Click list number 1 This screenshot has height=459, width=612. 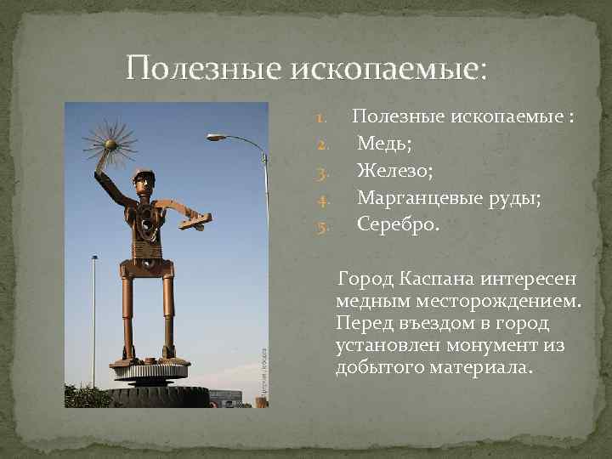tap(322, 116)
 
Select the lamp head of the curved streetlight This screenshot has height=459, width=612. tap(216, 136)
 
